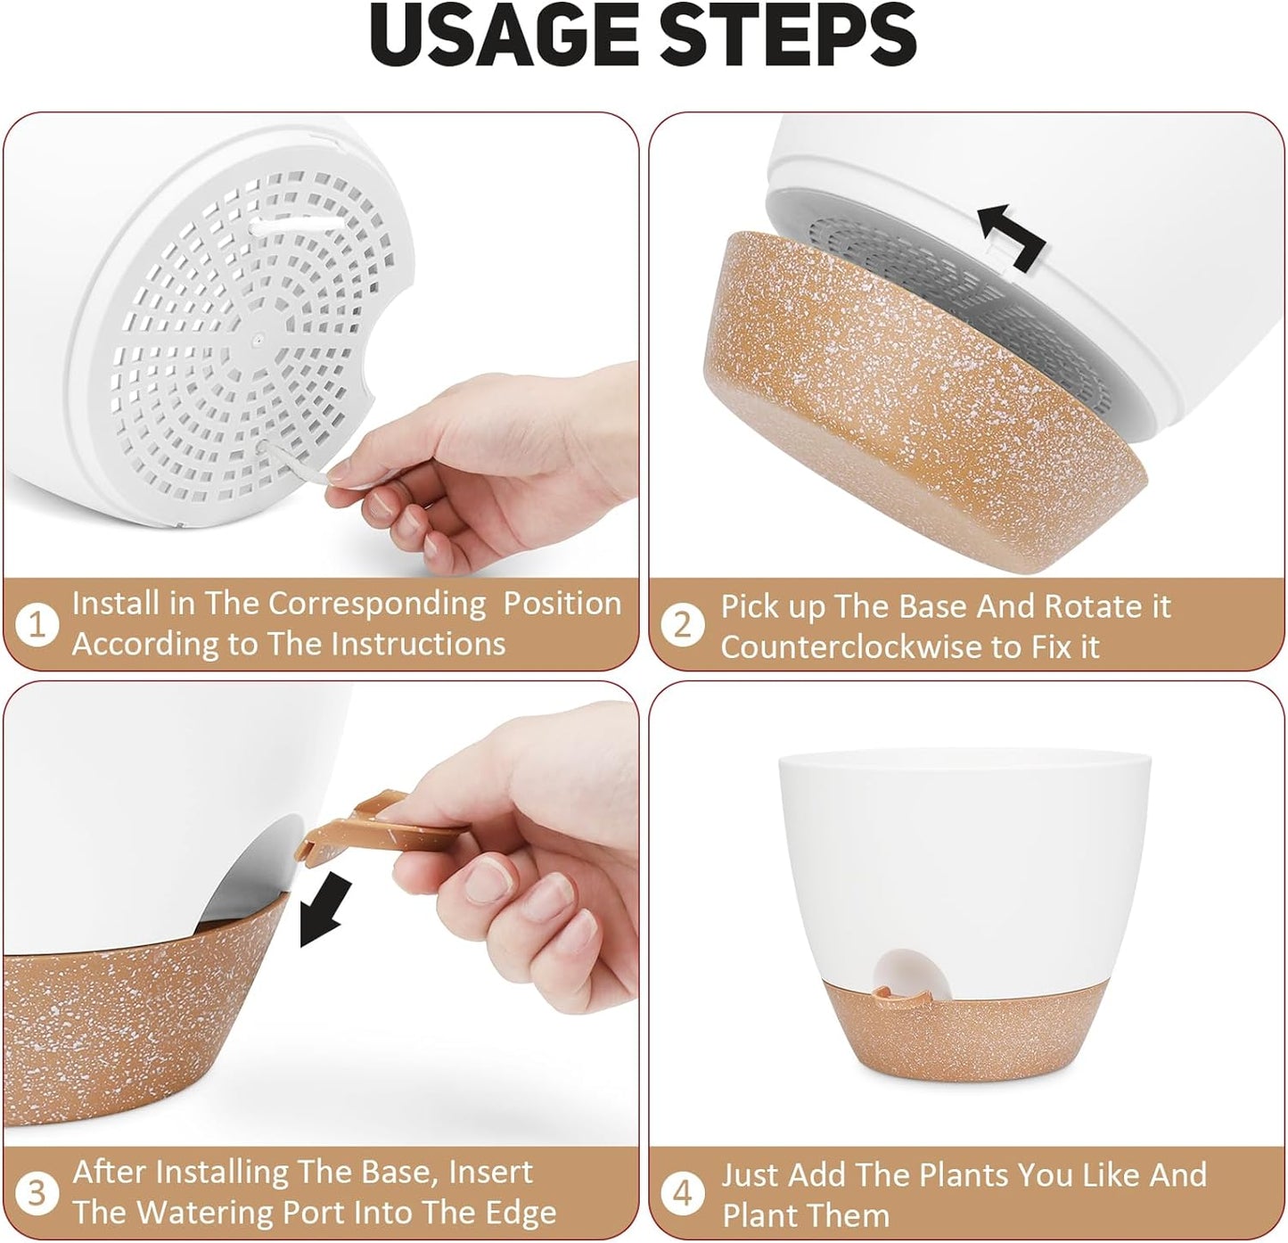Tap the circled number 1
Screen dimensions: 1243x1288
pos(37,624)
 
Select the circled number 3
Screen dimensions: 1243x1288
pos(37,1192)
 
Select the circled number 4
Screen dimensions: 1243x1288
pos(683,1192)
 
